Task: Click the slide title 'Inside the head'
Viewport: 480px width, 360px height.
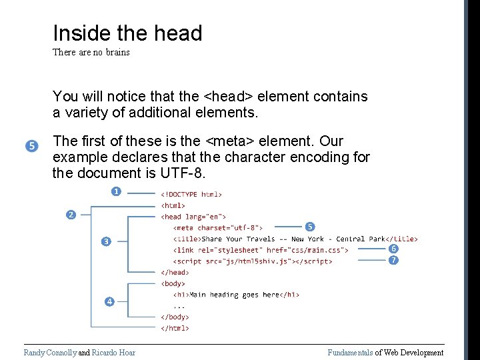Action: (127, 33)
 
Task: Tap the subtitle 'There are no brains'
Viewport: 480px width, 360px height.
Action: (91, 52)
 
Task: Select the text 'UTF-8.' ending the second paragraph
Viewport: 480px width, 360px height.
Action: (184, 174)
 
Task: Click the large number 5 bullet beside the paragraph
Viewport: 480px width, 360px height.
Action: (32, 146)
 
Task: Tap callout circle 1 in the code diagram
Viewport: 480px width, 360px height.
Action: (116, 191)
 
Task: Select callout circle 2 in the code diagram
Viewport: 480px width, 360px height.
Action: (71, 214)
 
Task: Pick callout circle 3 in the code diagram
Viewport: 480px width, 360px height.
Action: (105, 241)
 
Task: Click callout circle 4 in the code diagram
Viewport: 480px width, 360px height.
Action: (109, 302)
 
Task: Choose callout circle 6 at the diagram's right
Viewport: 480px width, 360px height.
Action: (394, 249)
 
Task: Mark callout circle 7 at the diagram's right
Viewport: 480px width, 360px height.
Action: (394, 260)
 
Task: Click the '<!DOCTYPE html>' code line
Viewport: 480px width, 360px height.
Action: (191, 195)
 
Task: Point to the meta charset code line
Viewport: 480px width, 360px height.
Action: (218, 227)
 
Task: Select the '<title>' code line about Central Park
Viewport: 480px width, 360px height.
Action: (295, 239)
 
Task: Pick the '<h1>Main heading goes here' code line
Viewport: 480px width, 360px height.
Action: (236, 295)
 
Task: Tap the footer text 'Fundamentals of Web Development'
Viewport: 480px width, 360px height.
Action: (385, 353)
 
